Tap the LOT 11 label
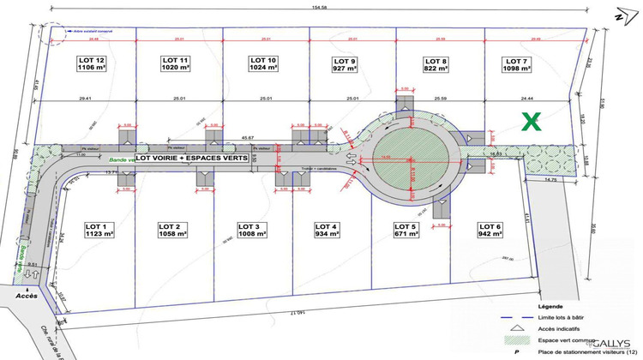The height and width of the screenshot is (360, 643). (x=175, y=59)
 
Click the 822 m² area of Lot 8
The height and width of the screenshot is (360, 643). (x=436, y=69)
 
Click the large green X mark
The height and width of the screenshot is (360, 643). (x=532, y=122)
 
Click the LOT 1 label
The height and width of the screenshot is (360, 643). (x=99, y=225)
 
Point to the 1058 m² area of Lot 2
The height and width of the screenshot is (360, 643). (x=174, y=233)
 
